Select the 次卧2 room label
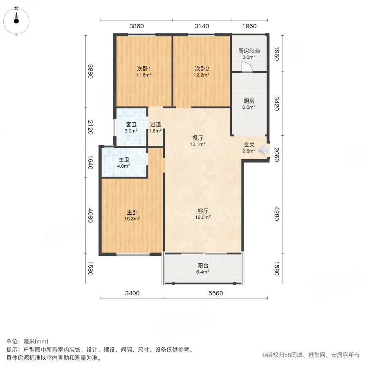tap(202, 71)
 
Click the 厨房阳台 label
tap(249, 54)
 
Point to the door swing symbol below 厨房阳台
tap(247, 67)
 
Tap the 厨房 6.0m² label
tap(249, 104)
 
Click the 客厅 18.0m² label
tap(203, 214)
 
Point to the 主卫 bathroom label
tap(124, 163)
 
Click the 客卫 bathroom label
tap(131, 128)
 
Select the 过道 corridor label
tap(155, 128)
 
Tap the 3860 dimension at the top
tap(137, 26)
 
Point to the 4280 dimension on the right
tap(276, 214)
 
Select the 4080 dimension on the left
tap(91, 216)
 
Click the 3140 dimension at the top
tap(201, 26)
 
